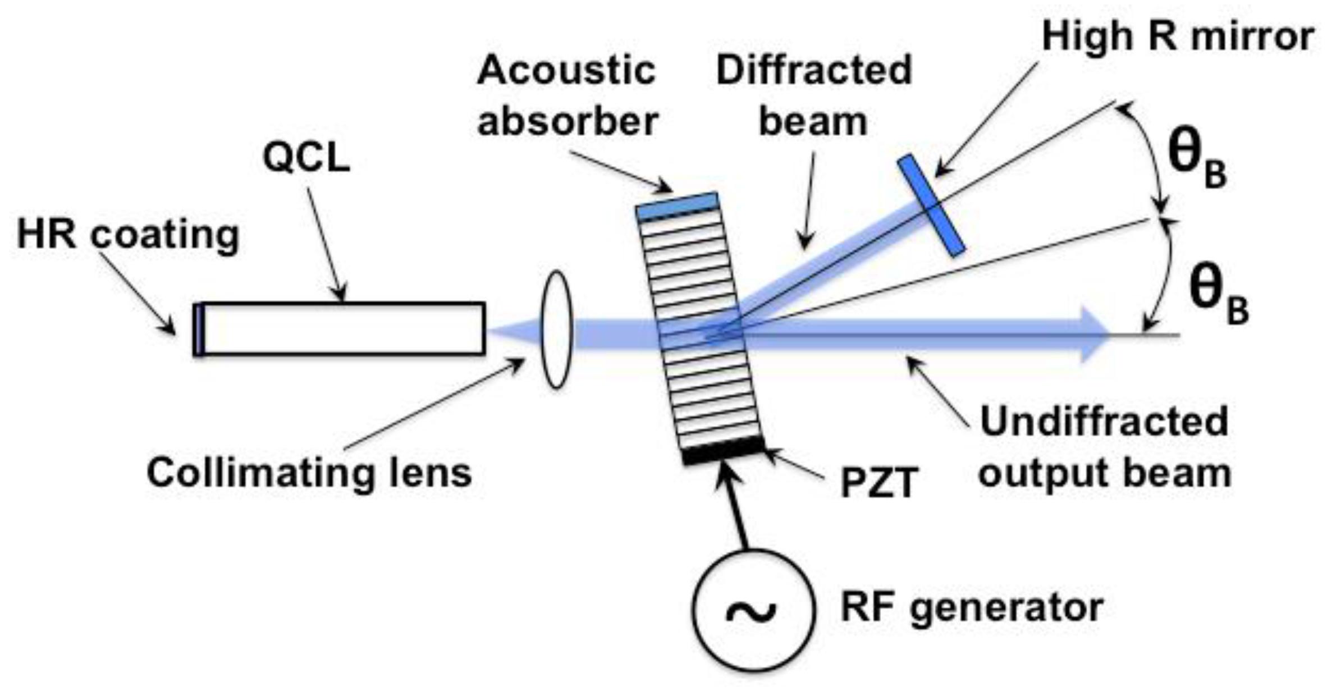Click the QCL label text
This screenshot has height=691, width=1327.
tap(306, 158)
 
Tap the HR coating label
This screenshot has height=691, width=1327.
tap(128, 234)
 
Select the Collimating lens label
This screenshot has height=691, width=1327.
tap(309, 473)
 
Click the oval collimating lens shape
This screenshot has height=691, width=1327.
tap(556, 330)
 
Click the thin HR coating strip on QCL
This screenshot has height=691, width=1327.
tap(198, 330)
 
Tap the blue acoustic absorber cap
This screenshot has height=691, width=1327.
tap(678, 206)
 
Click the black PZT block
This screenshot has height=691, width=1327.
tap(724, 451)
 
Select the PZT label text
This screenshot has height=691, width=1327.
tap(879, 482)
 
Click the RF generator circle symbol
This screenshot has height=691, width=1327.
tap(752, 610)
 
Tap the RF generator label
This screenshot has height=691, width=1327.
tap(972, 607)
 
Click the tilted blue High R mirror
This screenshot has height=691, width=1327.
tap(931, 206)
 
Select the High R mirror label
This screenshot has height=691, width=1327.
tap(1177, 37)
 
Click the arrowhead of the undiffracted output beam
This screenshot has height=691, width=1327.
tap(1095, 335)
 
